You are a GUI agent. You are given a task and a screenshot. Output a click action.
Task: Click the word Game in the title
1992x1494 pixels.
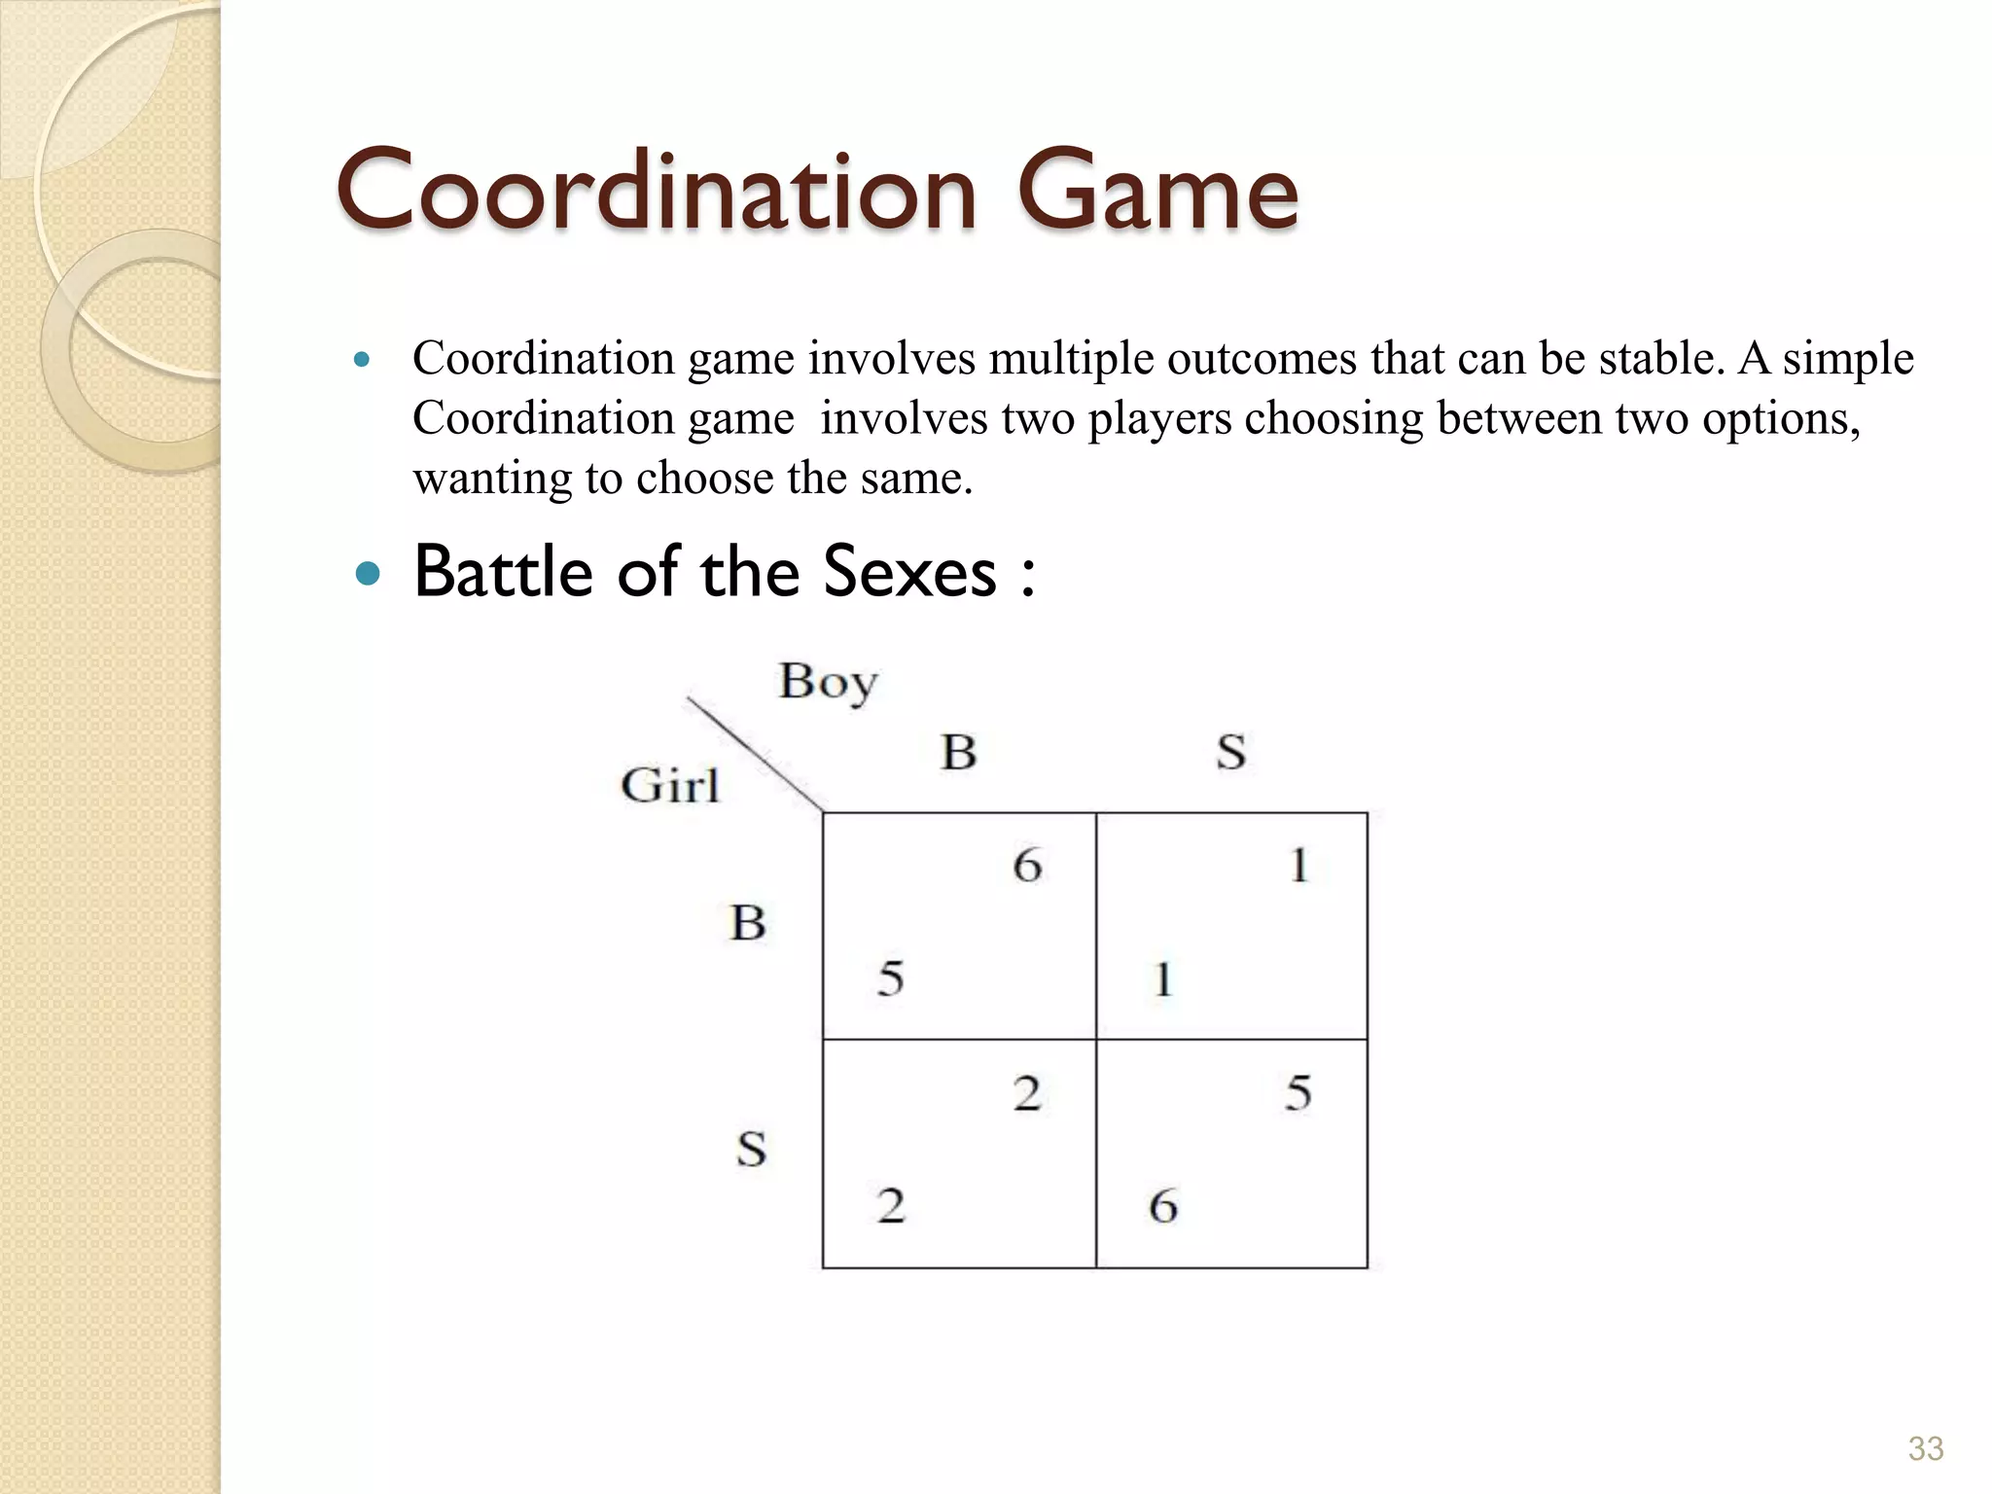(x=1157, y=191)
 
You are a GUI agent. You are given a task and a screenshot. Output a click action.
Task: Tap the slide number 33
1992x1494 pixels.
(x=1925, y=1448)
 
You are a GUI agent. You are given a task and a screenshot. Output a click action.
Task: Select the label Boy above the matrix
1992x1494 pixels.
(x=828, y=682)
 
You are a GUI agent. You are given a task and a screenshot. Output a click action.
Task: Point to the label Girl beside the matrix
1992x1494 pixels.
(x=670, y=785)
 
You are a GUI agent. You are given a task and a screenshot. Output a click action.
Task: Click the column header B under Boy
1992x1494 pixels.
(x=959, y=752)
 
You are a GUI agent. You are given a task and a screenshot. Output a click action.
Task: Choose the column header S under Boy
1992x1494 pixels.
(x=1230, y=752)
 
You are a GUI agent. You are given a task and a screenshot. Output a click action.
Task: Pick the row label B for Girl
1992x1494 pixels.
(x=748, y=922)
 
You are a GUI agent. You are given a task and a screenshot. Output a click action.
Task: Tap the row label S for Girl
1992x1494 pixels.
(x=751, y=1149)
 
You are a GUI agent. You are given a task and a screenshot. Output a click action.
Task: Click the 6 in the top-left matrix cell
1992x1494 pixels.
(x=1027, y=865)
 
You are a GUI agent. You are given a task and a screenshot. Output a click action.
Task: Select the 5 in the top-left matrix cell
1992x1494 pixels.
(x=891, y=978)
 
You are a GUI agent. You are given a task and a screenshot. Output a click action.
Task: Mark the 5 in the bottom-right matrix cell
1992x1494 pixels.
(x=1298, y=1093)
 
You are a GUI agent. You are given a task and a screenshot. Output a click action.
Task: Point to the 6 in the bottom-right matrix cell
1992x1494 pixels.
(x=1163, y=1206)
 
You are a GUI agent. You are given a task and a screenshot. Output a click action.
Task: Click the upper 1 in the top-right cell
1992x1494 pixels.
(x=1299, y=865)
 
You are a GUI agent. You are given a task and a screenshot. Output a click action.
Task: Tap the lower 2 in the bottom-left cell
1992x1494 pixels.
(x=891, y=1206)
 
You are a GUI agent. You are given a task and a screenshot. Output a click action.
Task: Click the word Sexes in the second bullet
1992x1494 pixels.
(x=909, y=572)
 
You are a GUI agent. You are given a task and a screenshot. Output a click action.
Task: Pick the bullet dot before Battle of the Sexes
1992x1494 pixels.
(x=367, y=574)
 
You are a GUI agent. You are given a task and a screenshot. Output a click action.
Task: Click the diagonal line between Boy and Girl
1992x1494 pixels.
(x=755, y=753)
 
